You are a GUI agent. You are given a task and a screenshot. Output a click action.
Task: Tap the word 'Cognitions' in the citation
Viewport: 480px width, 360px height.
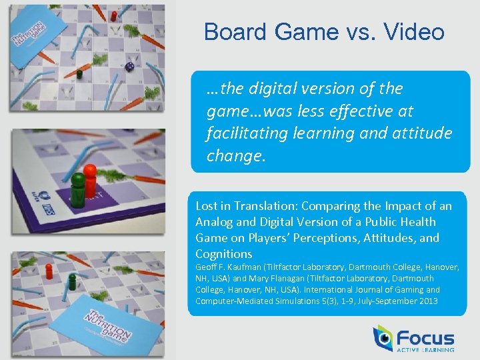coord(224,254)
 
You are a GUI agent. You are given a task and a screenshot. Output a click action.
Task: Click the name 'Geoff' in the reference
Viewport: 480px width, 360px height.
coord(207,267)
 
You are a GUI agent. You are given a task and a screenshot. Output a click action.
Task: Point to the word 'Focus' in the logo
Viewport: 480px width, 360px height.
coord(425,338)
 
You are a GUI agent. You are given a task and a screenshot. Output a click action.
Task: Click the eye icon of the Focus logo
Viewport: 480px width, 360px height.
coord(384,339)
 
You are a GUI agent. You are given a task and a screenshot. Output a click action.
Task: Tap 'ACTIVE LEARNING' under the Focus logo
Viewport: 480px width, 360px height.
coord(425,350)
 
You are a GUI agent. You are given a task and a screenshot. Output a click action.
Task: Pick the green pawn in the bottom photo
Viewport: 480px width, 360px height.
coord(72,281)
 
